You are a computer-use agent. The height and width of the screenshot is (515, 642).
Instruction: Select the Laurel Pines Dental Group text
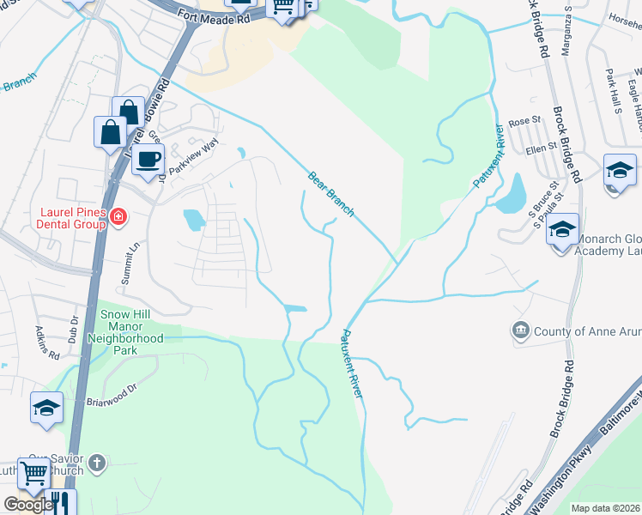point(71,218)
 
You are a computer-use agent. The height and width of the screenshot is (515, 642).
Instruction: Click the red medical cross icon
point(118,219)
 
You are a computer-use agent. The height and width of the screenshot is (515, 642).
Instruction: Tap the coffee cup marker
point(148,159)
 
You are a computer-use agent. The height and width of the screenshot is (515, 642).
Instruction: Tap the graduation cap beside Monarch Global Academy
point(562,230)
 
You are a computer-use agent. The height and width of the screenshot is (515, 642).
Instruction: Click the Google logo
point(27,505)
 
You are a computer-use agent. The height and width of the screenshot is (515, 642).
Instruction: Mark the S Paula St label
point(542,206)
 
